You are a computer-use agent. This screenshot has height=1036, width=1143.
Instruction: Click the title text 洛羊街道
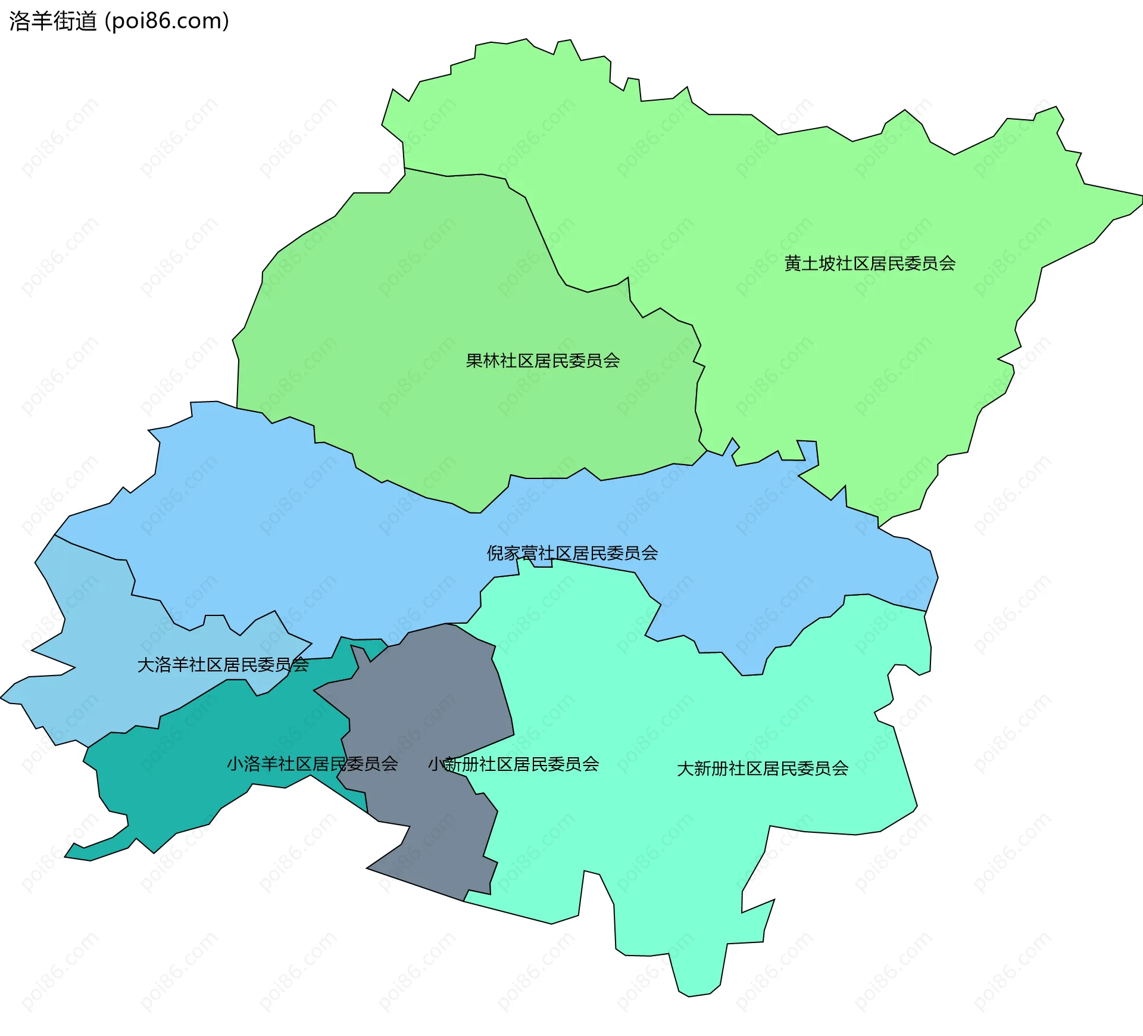52,21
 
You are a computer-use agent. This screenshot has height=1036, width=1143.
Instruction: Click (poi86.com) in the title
167,21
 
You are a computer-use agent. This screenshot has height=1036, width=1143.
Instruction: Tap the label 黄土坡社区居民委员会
870,263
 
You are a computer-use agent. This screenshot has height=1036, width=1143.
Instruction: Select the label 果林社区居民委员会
542,360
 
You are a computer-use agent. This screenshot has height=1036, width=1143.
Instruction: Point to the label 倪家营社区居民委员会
572,553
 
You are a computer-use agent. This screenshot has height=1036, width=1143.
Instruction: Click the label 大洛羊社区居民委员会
223,665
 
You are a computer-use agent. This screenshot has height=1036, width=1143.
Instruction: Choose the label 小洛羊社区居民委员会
312,764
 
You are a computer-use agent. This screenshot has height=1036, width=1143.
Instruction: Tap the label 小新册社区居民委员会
513,764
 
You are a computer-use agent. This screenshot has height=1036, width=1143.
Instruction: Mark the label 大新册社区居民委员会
763,769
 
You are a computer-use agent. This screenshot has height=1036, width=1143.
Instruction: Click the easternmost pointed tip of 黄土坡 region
1141,197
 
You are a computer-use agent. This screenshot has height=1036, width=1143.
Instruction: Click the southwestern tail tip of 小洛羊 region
66,857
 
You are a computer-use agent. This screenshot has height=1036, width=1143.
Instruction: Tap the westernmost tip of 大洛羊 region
2,698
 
